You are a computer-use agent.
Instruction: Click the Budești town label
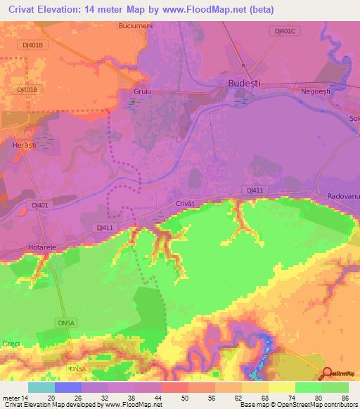point(244,83)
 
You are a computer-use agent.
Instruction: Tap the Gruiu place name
point(143,92)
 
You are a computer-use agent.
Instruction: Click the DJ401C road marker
point(284,31)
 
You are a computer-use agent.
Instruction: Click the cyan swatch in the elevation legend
point(41,387)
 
